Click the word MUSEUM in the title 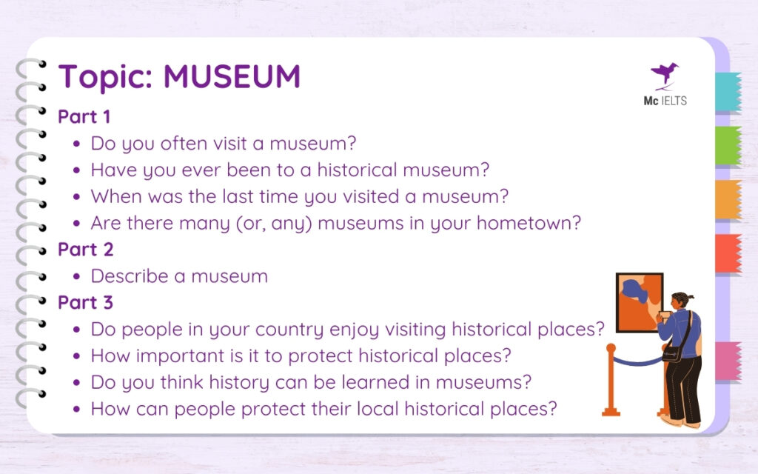[232, 77]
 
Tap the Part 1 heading [84, 117]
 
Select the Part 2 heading [86, 250]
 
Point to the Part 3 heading [86, 303]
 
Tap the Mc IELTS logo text [665, 101]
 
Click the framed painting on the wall [639, 302]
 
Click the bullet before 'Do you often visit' [77, 144]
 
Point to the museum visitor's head [680, 302]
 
